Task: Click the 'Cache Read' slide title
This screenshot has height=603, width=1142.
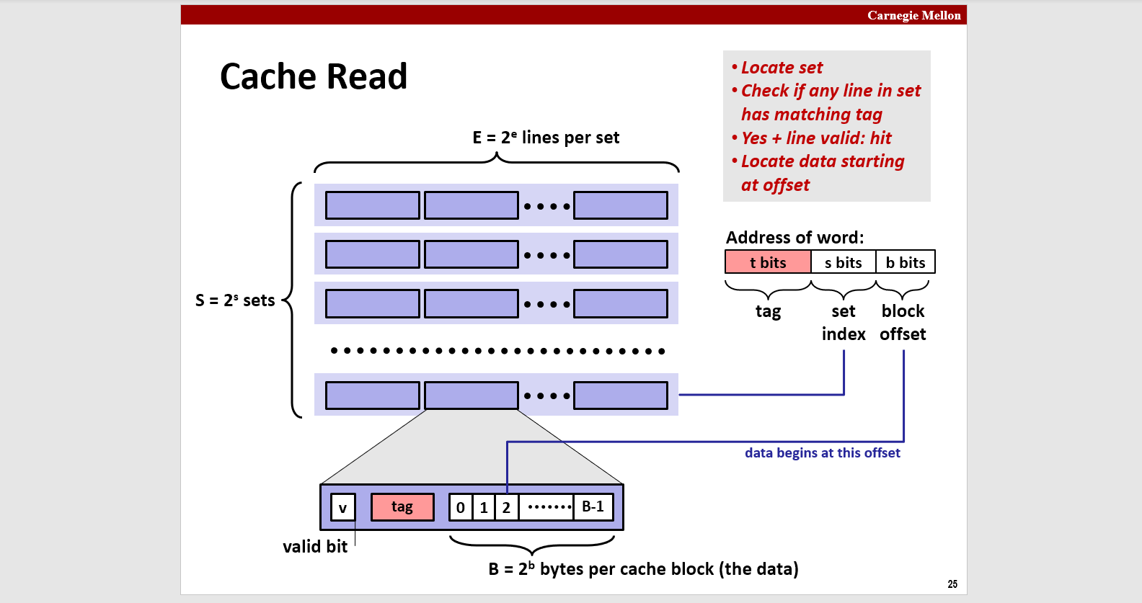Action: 314,76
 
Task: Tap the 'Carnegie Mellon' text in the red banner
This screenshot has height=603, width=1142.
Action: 913,15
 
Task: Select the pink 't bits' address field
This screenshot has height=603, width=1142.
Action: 768,262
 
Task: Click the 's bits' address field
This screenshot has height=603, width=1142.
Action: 843,262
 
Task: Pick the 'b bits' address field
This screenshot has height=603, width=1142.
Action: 906,262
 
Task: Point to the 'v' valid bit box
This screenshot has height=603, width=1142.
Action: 342,507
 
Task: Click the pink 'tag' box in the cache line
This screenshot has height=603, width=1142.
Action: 402,506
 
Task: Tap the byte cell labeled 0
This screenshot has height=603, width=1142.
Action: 461,507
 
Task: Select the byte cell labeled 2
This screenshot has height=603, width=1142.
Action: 506,507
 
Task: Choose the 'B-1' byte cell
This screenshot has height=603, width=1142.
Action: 593,506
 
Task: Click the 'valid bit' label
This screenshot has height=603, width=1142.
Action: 315,547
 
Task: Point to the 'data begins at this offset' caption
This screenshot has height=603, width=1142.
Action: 822,452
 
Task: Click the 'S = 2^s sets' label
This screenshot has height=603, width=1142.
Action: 235,300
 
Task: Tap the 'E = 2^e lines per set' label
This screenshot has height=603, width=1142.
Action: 546,138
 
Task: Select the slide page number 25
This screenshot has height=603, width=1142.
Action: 952,584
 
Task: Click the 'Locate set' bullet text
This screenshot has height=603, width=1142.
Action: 782,68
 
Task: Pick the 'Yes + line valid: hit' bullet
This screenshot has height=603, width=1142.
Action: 816,138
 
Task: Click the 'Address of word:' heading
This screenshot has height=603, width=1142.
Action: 794,238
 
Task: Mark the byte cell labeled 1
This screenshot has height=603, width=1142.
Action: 484,507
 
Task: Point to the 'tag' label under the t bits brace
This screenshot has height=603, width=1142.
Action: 768,311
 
